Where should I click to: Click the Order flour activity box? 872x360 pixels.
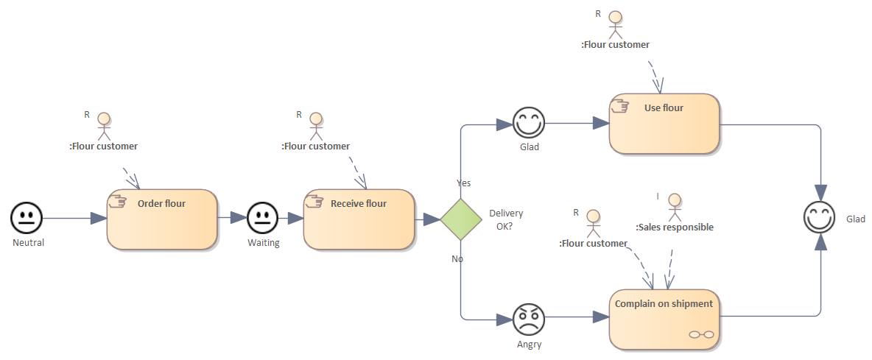(x=162, y=220)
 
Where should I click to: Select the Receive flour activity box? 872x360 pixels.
(x=359, y=220)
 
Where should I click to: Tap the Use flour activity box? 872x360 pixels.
(x=664, y=124)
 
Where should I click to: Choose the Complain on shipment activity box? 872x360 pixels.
(x=664, y=320)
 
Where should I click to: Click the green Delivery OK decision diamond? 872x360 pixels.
(x=461, y=219)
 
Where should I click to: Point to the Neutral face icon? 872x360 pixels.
(x=27, y=218)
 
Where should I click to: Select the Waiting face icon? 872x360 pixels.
(x=261, y=218)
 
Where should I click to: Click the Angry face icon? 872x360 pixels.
(x=529, y=318)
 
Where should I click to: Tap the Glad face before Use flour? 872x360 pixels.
(x=529, y=123)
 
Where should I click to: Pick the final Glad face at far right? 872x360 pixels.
(x=819, y=219)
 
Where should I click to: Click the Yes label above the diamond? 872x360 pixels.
(x=464, y=183)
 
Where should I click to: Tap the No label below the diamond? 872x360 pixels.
(x=457, y=258)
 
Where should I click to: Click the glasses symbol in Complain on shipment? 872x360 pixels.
(x=701, y=334)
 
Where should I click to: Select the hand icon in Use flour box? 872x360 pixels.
(x=620, y=106)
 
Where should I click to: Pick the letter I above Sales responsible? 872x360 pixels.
(x=658, y=196)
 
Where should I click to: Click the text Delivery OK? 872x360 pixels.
(x=506, y=219)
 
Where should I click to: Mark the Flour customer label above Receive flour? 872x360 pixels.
(x=315, y=146)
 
